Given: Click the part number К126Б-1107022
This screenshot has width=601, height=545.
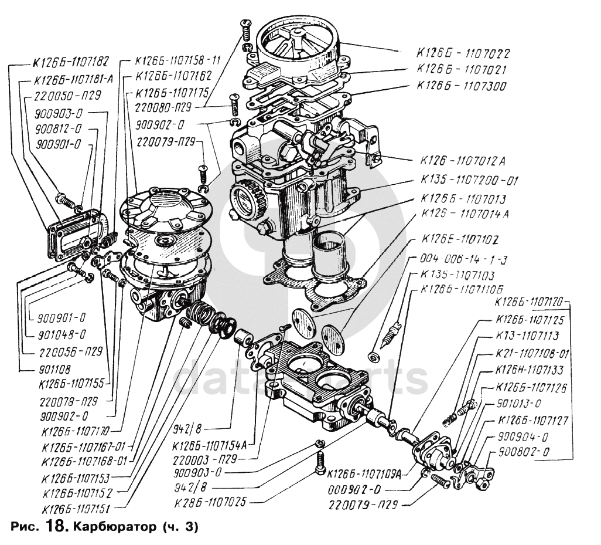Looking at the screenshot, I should tap(463, 53).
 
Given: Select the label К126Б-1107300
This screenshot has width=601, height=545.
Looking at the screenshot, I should tap(463, 86).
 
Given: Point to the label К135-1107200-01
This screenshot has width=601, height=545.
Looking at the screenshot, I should tap(469, 181).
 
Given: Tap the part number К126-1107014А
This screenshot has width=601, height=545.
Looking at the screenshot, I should tap(464, 214).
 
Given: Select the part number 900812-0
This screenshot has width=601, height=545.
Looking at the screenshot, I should tap(57, 128).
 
